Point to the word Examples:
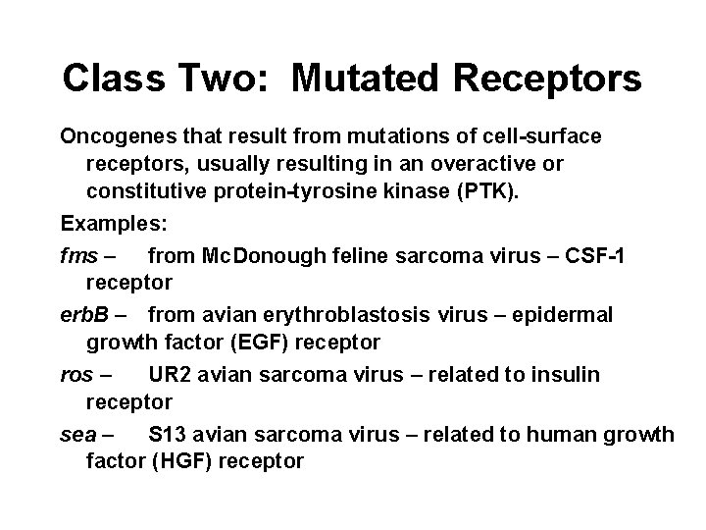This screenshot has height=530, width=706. click(114, 224)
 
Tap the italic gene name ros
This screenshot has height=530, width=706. click(76, 374)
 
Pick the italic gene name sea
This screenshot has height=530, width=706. click(77, 433)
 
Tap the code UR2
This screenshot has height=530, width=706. click(168, 374)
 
